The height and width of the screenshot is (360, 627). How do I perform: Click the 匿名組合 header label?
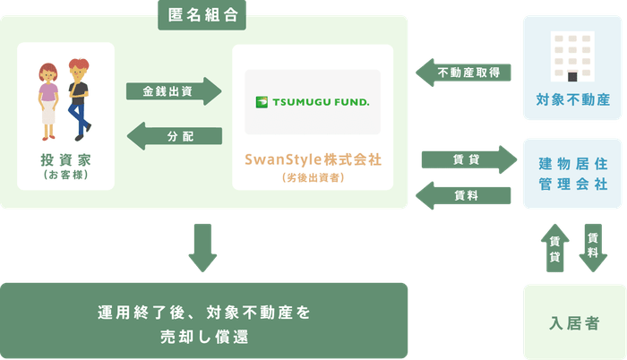pos(203,15)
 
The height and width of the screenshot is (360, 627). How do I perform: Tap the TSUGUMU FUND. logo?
pos(312,102)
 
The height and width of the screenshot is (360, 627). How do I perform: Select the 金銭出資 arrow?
pos(175,91)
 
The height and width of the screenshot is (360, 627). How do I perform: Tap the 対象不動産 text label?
pos(572,100)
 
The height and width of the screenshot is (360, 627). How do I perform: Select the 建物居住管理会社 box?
pos(572,173)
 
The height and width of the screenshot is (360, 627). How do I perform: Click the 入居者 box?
pos(572,321)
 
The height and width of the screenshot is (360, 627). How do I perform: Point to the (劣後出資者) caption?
pos(313,177)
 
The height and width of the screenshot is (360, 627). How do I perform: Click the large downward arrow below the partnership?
pos(202,248)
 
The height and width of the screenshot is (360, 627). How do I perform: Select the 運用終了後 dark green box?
pos(204,321)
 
